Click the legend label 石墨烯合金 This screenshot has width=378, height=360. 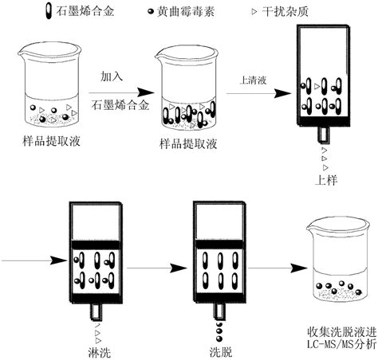85,11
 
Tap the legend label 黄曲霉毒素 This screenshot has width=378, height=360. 186,11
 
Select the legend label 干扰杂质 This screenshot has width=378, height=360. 285,11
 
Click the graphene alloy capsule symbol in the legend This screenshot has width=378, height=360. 49,10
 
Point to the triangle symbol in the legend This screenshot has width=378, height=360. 254,11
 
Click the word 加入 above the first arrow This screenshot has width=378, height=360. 112,76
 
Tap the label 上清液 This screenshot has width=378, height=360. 253,80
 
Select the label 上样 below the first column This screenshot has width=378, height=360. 326,180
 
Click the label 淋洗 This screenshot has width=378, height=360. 99,353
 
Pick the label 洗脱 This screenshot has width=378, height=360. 221,352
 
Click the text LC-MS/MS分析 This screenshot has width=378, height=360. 341,344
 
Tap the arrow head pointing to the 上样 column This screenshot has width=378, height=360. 283,93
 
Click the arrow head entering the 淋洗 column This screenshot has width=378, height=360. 59,260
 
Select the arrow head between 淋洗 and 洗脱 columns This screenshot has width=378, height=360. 179,268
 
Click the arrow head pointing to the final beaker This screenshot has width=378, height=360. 299,268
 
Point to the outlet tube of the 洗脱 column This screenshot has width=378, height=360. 219,311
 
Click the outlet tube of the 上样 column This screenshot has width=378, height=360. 324,135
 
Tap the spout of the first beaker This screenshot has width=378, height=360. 22,53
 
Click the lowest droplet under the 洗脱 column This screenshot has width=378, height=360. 219,339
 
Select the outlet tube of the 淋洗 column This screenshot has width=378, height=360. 96,311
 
